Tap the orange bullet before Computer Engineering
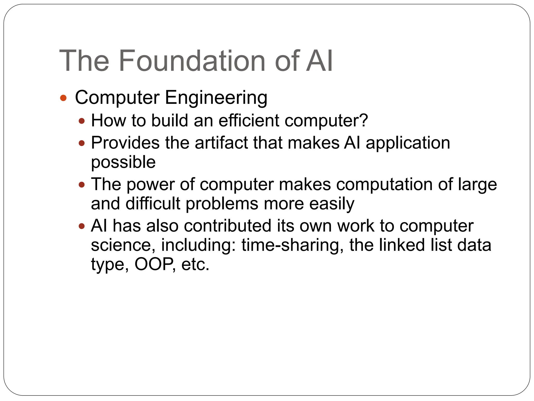click(x=63, y=98)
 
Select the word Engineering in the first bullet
click(x=216, y=98)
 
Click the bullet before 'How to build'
click(x=82, y=121)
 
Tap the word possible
click(x=123, y=162)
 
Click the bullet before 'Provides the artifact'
click(x=82, y=143)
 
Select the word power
click(x=151, y=185)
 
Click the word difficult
click(x=153, y=204)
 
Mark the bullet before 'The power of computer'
click(x=82, y=185)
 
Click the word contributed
click(x=227, y=226)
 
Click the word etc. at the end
click(x=195, y=264)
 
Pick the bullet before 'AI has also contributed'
click(x=82, y=226)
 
